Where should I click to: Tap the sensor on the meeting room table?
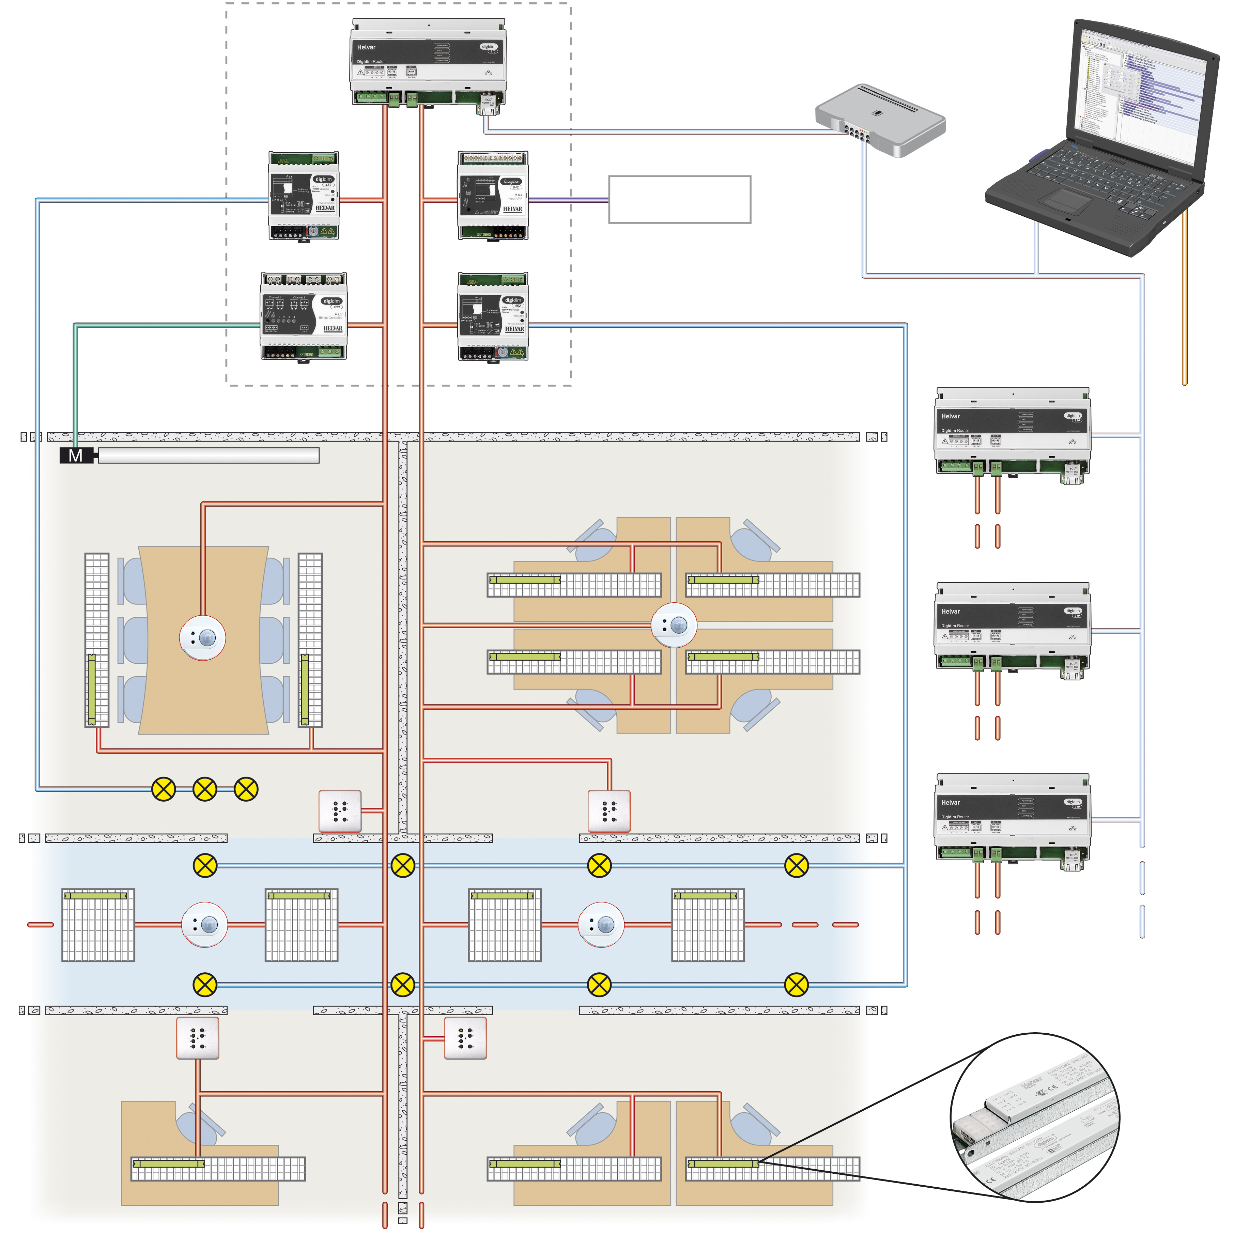(x=202, y=637)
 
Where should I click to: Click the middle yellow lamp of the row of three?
(x=204, y=789)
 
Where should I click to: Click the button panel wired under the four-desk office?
(x=609, y=811)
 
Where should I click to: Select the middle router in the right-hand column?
(x=1012, y=630)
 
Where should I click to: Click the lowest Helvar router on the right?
(x=1012, y=821)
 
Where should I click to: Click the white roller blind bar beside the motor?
(x=208, y=456)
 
